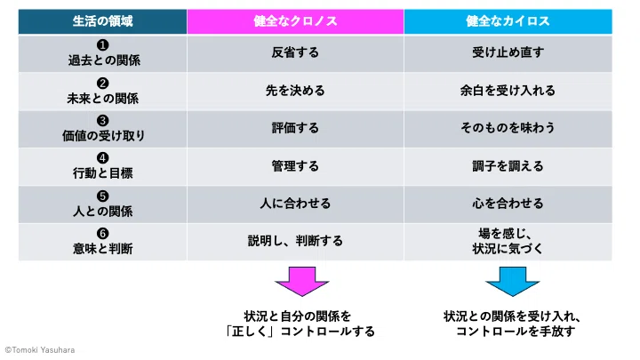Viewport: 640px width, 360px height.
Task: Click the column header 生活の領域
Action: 102,21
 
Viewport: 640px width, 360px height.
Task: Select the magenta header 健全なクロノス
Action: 295,21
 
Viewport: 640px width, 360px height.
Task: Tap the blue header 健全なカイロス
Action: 508,21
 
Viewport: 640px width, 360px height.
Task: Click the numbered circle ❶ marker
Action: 102,45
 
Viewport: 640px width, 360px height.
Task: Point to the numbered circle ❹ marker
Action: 102,158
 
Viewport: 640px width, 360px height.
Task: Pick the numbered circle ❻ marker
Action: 102,234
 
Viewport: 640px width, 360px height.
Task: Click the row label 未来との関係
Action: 103,99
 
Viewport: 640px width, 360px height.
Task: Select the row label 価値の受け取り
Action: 103,135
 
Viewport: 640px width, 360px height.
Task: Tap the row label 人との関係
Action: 103,211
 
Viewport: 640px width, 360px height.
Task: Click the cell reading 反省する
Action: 295,52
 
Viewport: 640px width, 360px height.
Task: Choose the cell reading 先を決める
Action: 295,90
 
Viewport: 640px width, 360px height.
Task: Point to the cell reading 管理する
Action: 295,166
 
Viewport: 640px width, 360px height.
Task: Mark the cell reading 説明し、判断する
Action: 295,241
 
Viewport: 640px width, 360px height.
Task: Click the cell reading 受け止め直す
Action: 508,52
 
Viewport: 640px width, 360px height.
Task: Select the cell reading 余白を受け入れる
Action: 508,90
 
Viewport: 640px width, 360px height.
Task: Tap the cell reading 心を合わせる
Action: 508,204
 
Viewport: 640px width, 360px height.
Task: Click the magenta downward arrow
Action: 302,282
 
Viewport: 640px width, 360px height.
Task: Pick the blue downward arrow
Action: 513,282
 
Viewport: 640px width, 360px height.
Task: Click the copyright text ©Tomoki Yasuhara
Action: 40,350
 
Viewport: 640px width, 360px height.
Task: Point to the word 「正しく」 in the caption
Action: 250,332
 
